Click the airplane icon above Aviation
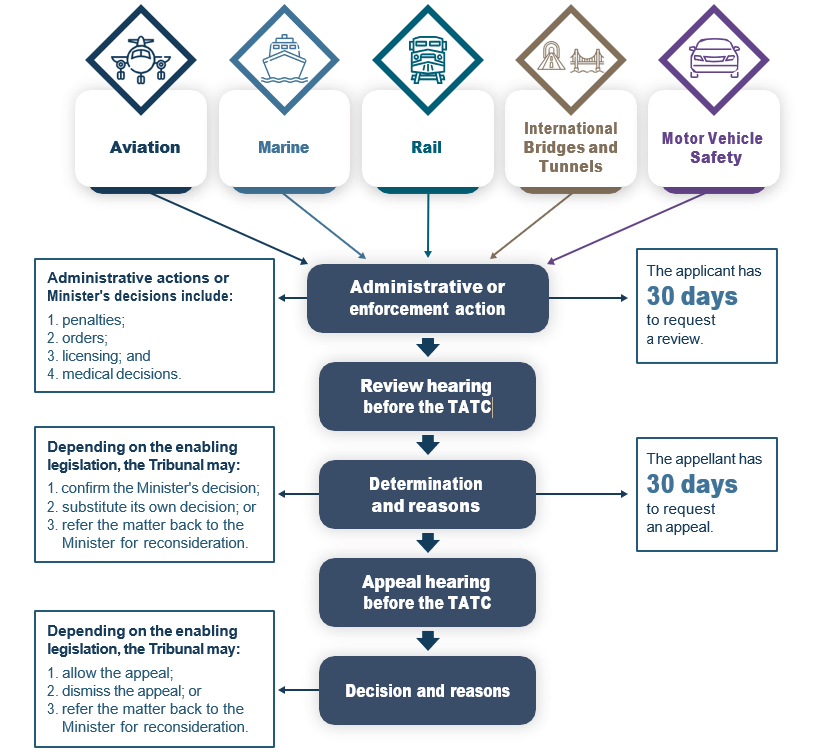click(141, 59)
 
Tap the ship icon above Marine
click(284, 60)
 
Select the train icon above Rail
click(427, 60)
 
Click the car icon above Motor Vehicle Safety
click(713, 59)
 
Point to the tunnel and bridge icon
click(570, 60)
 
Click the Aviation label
click(145, 147)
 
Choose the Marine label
click(284, 147)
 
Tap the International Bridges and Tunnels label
click(571, 147)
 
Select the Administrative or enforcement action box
click(427, 298)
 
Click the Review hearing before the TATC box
click(427, 396)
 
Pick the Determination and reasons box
click(427, 494)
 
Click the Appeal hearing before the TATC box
click(427, 592)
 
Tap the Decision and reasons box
click(427, 691)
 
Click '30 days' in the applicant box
click(692, 296)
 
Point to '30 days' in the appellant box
click(692, 484)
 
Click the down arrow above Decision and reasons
click(428, 640)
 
